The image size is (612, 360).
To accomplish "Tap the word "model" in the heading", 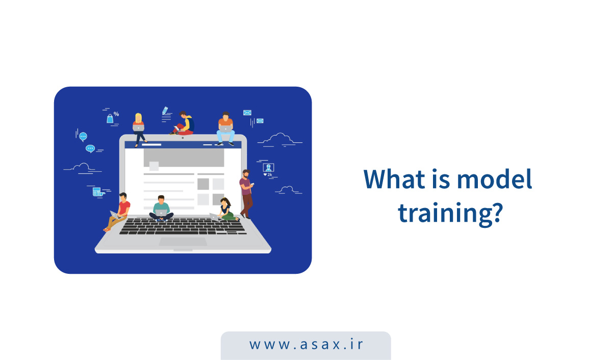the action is (x=495, y=178).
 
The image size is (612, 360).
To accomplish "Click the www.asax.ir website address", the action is (x=306, y=344).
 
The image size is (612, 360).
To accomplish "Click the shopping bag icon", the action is (x=110, y=118).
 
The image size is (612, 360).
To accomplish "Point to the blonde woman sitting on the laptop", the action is (x=139, y=130).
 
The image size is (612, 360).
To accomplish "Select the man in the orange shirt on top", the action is (x=225, y=128).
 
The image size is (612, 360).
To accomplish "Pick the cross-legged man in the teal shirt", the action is (x=161, y=209).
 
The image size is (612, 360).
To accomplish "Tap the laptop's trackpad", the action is (x=183, y=242).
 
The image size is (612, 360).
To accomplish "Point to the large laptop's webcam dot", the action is (x=183, y=138).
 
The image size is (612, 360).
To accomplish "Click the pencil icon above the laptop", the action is (x=165, y=111).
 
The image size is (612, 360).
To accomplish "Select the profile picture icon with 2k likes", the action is (x=268, y=167).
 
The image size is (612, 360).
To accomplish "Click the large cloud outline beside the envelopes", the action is (x=280, y=139).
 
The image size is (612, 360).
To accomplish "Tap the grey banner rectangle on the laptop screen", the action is (x=184, y=158).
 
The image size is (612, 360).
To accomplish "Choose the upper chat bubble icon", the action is (x=83, y=137).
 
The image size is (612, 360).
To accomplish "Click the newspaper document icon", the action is (x=98, y=192).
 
